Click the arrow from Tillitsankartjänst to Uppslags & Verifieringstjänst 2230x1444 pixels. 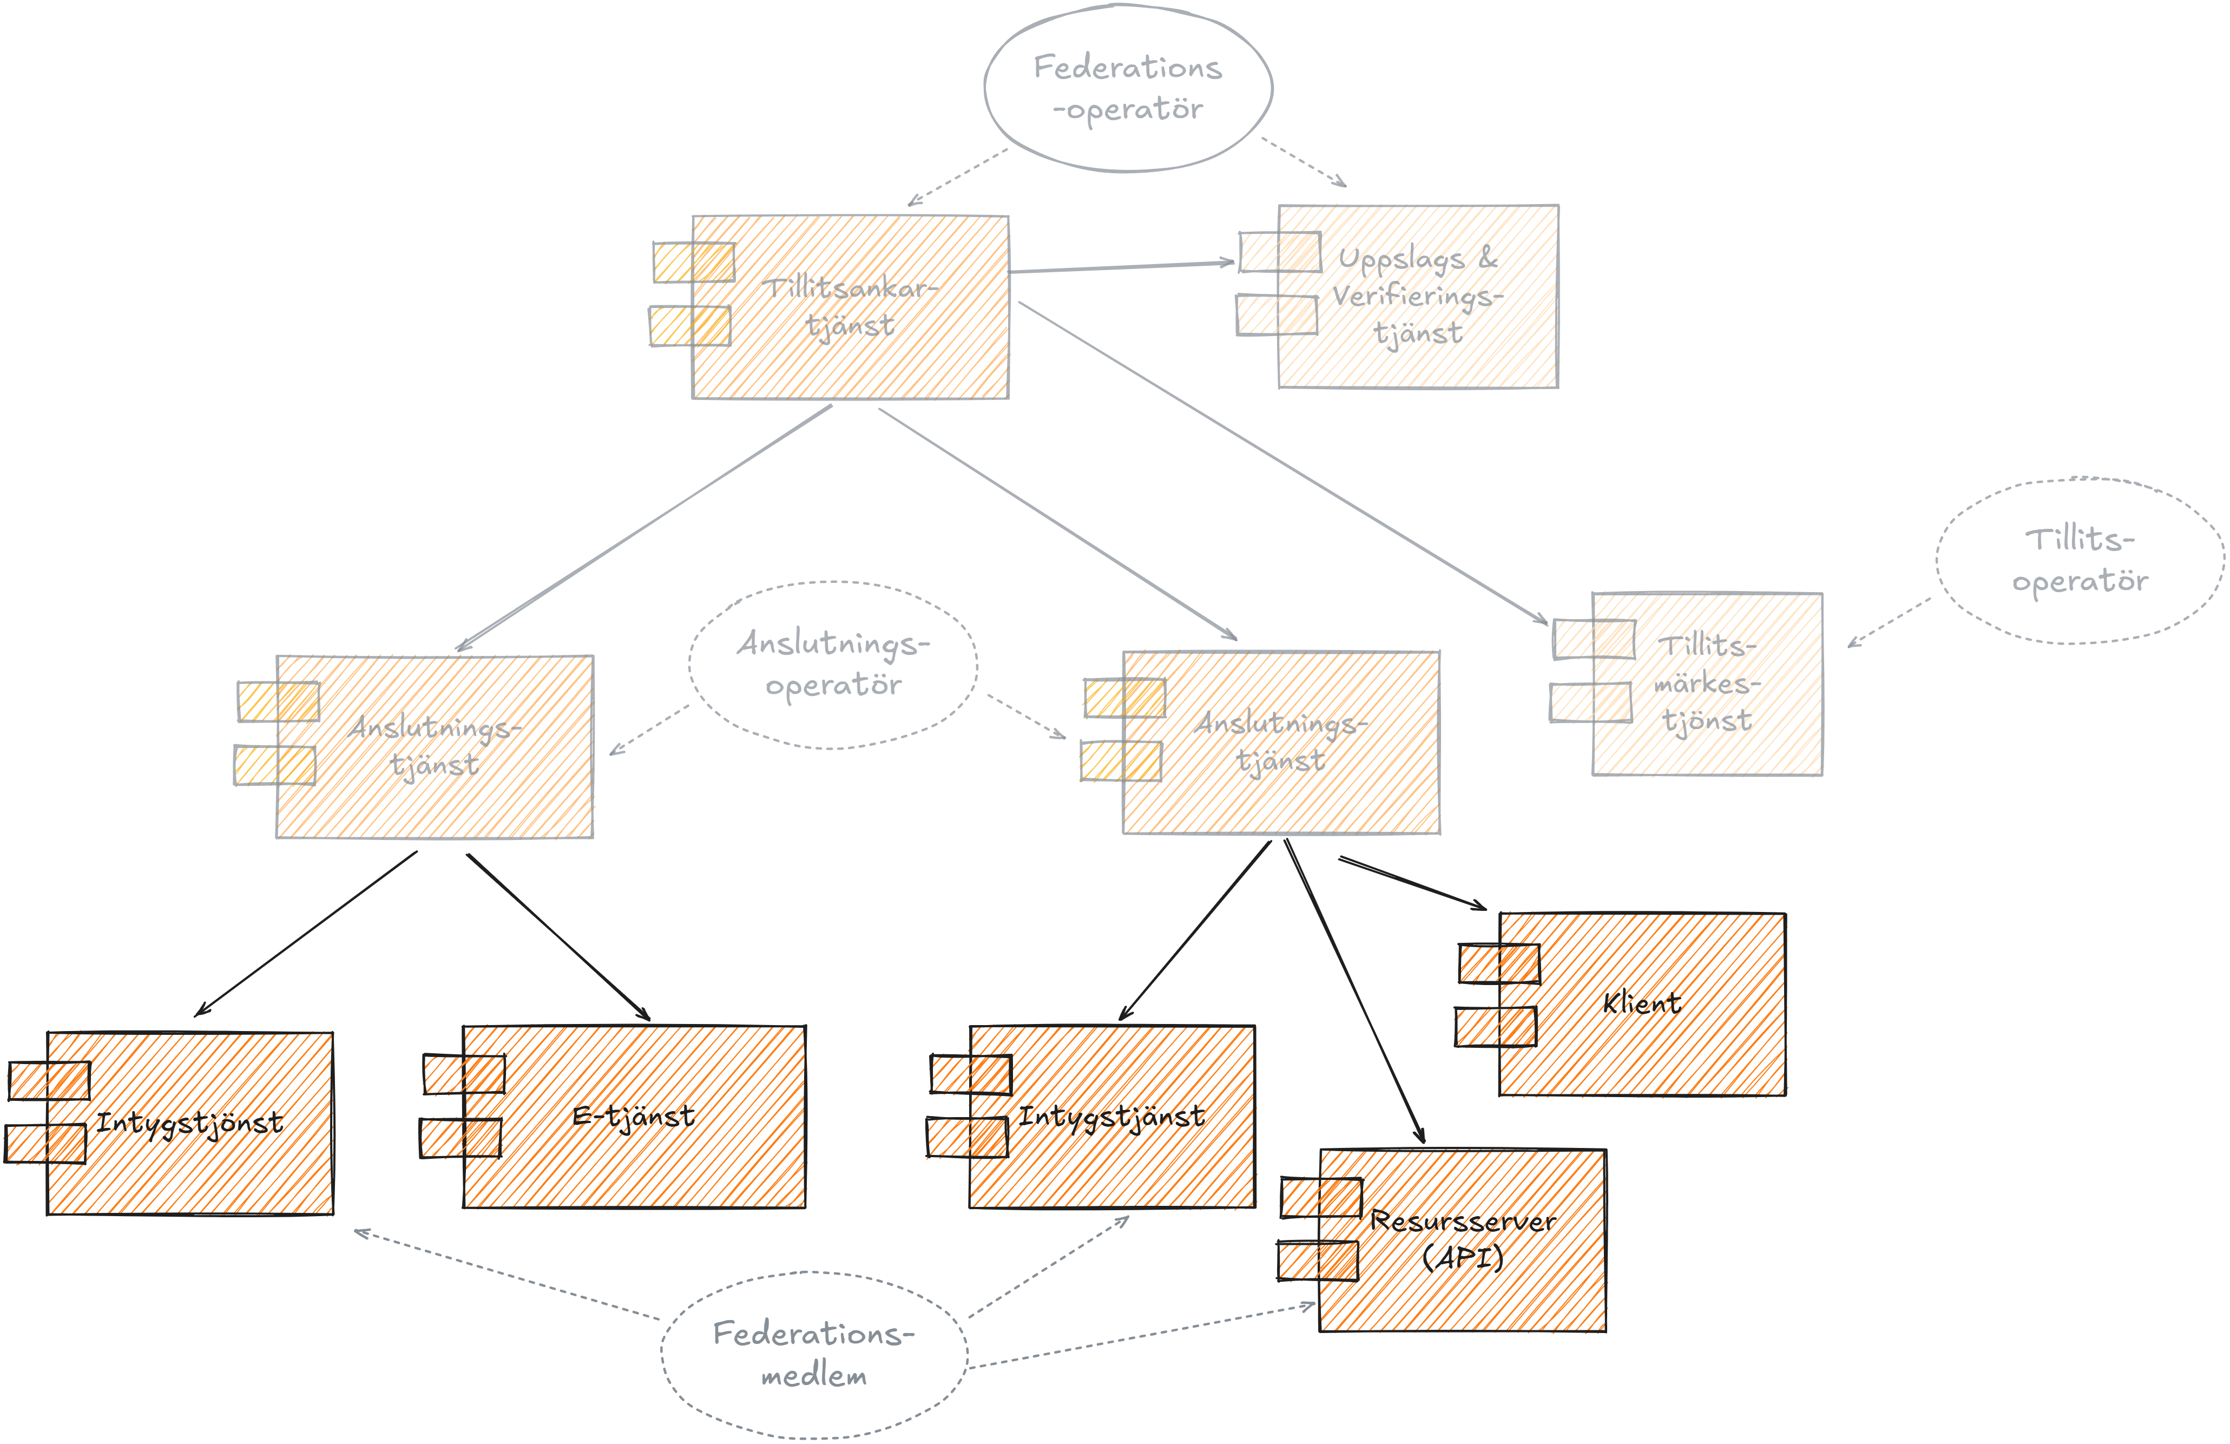pyautogui.click(x=1122, y=267)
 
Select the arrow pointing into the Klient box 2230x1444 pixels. pyautogui.click(x=1413, y=883)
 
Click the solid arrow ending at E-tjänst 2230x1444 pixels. pyautogui.click(x=558, y=937)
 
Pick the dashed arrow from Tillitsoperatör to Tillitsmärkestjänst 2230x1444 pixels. pyautogui.click(x=1889, y=622)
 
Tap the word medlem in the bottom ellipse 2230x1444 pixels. pyautogui.click(x=813, y=1376)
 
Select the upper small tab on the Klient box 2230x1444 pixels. pyautogui.click(x=1499, y=963)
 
